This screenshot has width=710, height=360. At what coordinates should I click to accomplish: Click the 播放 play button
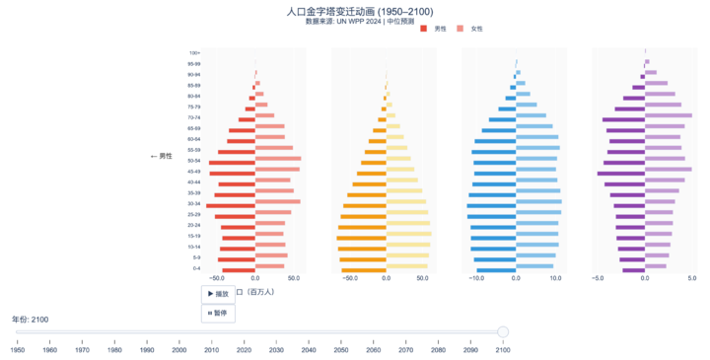[x=218, y=294]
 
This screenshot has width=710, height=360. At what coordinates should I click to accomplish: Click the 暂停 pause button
[x=218, y=313]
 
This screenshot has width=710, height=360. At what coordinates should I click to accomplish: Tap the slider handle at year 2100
[x=503, y=331]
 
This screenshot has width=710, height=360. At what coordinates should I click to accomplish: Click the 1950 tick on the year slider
[x=18, y=349]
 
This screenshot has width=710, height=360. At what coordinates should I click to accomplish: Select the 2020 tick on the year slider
[x=244, y=349]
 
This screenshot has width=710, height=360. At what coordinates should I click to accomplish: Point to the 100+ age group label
[x=195, y=52]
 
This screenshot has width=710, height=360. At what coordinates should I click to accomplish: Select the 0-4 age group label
[x=196, y=268]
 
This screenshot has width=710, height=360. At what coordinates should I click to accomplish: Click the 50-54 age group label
[x=194, y=160]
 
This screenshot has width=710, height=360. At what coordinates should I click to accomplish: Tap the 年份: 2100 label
[x=30, y=320]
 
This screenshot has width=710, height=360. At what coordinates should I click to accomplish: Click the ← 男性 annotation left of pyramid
[x=161, y=156]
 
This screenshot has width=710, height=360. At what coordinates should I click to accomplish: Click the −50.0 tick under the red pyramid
[x=218, y=278]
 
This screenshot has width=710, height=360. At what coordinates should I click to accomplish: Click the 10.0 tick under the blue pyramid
[x=556, y=278]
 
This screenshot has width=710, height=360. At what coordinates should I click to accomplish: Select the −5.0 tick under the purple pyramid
[x=598, y=278]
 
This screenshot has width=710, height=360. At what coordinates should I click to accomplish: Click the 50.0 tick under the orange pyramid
[x=422, y=278]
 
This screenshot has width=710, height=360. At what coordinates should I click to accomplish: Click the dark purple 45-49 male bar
[x=621, y=174]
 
